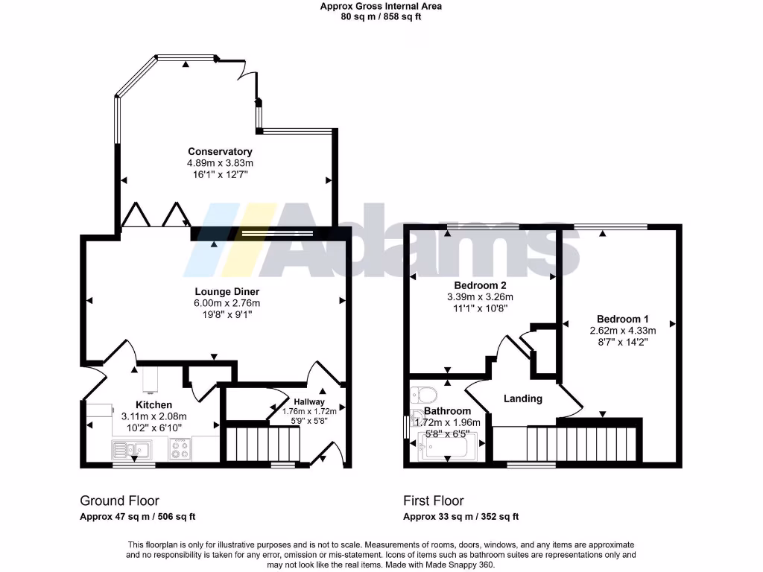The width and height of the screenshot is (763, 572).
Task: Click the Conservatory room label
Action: [220, 152]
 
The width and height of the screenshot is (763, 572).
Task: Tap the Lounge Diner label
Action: [227, 291]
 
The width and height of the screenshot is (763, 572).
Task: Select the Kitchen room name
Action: [153, 405]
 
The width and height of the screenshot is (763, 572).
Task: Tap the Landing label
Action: [522, 398]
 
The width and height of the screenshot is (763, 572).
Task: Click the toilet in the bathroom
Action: [422, 393]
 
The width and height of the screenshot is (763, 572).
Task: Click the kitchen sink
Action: [131, 449]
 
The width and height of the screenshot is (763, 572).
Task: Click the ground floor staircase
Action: [262, 444]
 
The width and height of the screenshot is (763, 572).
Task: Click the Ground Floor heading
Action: [119, 501]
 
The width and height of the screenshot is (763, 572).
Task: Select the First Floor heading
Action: [434, 501]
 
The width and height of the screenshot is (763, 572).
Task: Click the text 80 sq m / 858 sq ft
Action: [381, 16]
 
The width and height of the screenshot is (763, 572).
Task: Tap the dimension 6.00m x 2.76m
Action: [227, 303]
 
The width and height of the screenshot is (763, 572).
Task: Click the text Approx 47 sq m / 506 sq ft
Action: [138, 517]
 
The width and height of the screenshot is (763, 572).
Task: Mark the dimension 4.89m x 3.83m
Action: [220, 163]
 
